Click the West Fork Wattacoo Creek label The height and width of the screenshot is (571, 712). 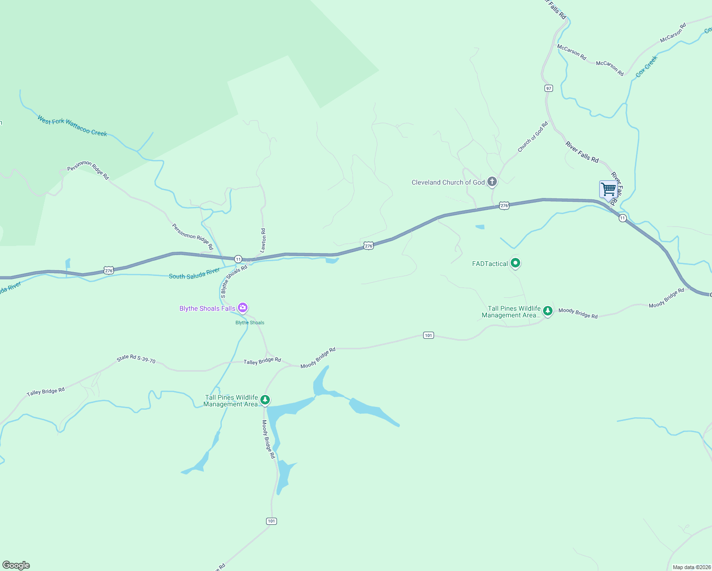[72, 127]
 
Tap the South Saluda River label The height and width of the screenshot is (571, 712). [194, 274]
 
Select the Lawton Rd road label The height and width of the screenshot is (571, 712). [263, 240]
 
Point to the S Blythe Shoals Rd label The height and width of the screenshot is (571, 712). [234, 282]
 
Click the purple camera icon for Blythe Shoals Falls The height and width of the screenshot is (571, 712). [243, 308]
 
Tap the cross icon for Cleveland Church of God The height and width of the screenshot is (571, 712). [492, 182]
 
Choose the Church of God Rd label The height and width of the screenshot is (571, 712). [533, 137]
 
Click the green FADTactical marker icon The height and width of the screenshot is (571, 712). [515, 263]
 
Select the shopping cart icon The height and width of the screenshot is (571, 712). [608, 189]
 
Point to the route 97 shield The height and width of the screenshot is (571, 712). [549, 89]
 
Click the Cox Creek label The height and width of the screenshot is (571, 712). [646, 66]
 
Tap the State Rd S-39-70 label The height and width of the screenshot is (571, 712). [136, 359]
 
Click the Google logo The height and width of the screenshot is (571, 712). [16, 565]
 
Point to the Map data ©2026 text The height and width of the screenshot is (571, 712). [692, 567]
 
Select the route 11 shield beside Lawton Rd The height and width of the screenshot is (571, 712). [238, 259]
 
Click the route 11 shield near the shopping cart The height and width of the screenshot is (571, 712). [623, 218]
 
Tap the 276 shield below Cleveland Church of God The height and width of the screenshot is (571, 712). [504, 206]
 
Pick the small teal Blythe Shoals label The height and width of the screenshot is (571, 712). [250, 323]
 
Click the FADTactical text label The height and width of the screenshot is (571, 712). [490, 264]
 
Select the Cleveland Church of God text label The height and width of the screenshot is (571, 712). [448, 182]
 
